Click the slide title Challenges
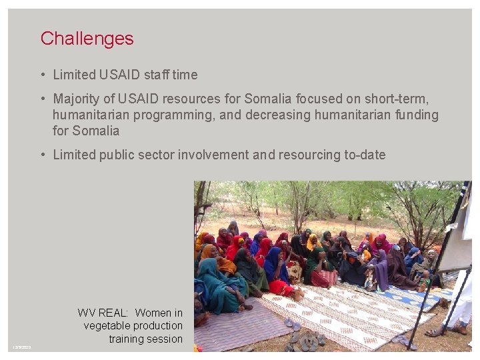point(87,39)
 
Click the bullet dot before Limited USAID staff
point(42,75)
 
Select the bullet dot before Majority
point(42,99)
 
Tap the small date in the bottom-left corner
point(22,347)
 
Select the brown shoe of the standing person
point(459,329)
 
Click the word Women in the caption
point(153,313)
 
